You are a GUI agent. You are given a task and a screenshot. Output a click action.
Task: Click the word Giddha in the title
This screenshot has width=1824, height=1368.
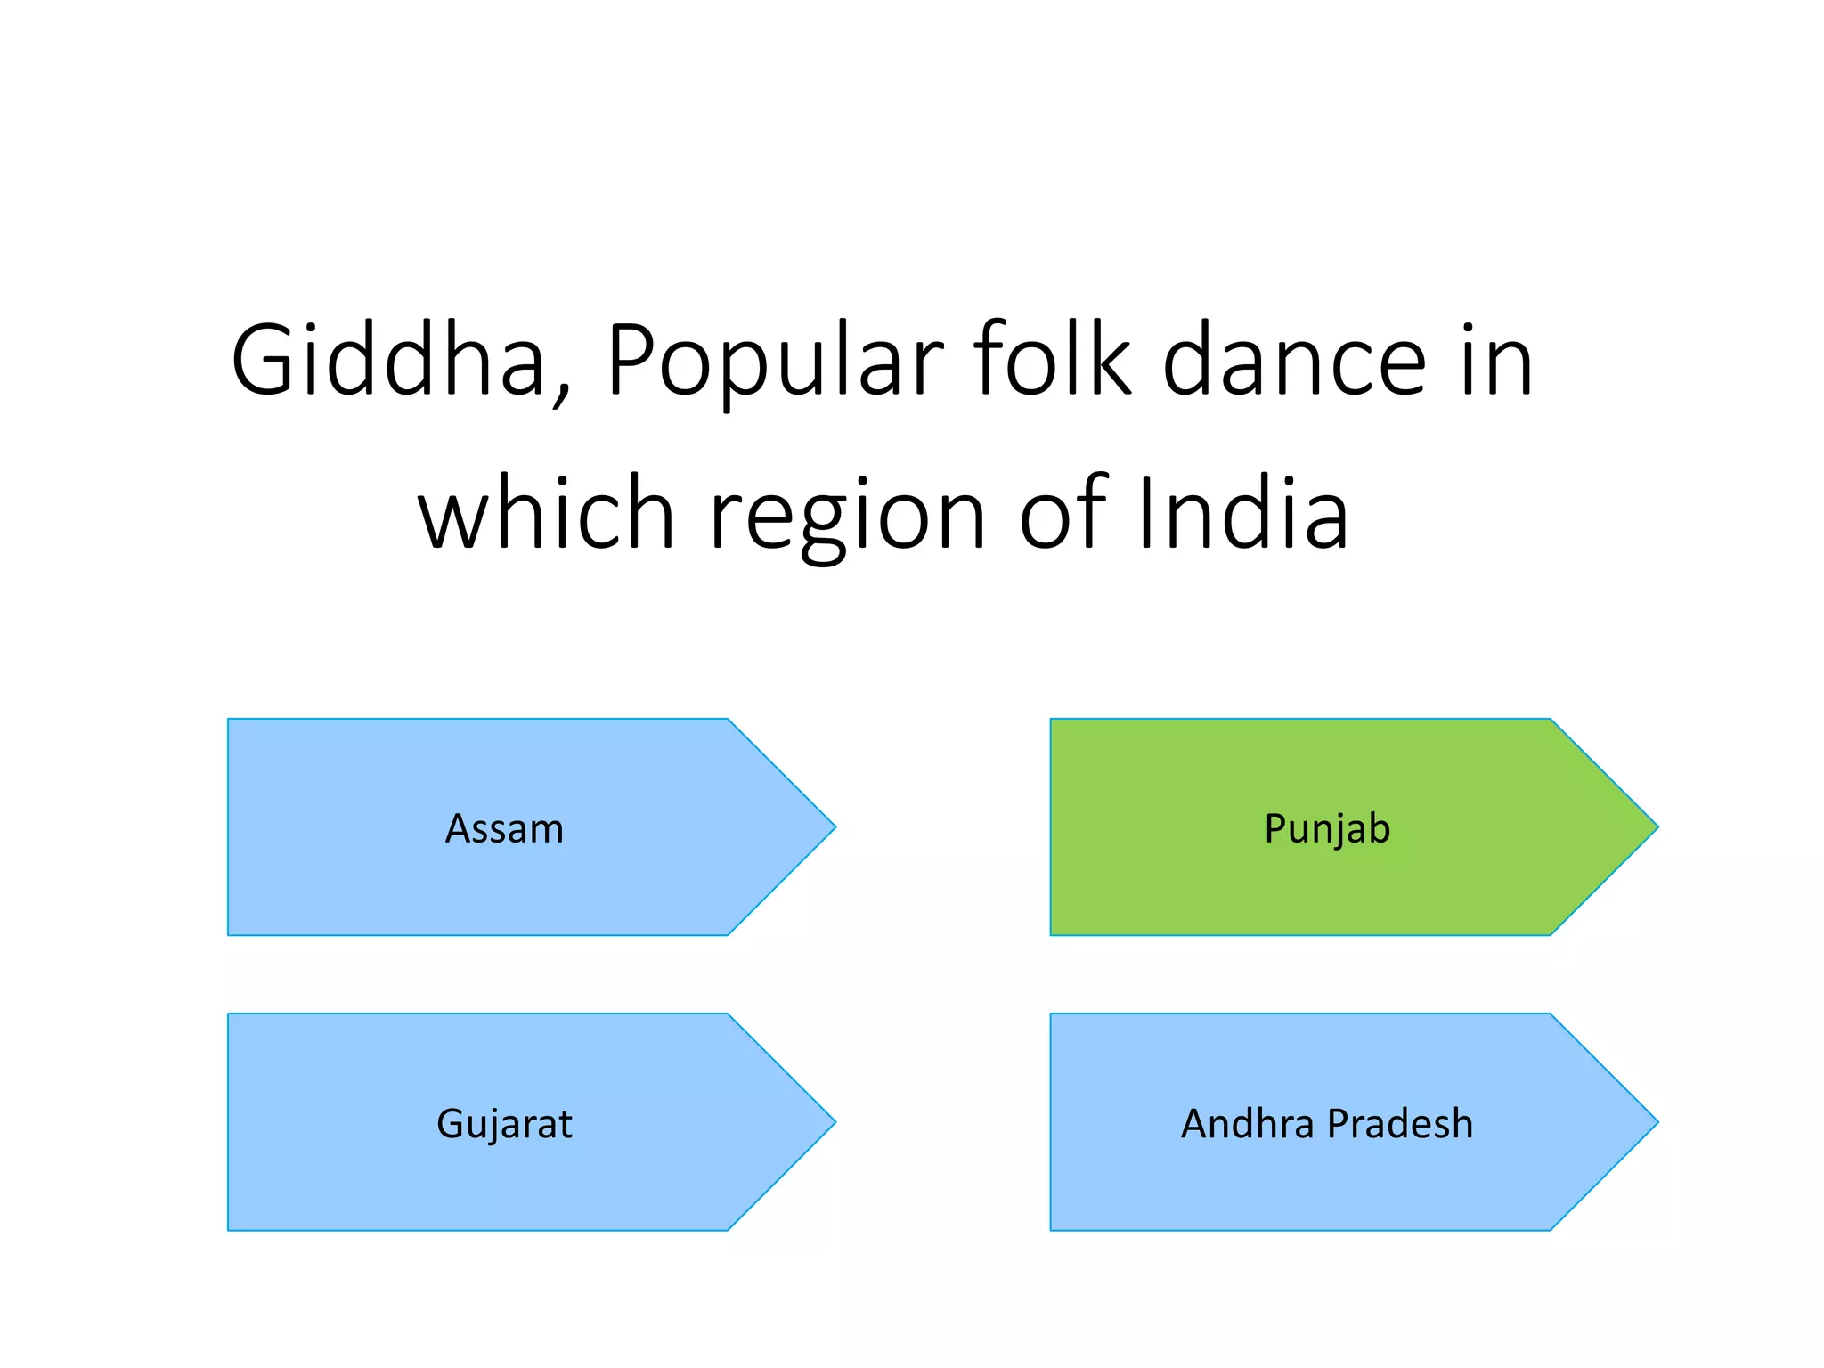click(x=387, y=361)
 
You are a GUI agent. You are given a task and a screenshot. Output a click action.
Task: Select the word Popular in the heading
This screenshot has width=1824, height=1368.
click(x=773, y=361)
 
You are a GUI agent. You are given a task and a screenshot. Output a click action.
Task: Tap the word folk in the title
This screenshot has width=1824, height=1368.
click(x=1052, y=361)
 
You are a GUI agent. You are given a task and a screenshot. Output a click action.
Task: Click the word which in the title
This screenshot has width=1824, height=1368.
click(x=546, y=514)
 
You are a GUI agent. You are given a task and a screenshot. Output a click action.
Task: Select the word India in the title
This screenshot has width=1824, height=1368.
click(x=1243, y=514)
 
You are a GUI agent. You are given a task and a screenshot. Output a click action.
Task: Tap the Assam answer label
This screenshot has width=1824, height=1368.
click(x=504, y=829)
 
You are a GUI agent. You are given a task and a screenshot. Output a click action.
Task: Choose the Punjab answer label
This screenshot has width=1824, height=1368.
click(x=1327, y=829)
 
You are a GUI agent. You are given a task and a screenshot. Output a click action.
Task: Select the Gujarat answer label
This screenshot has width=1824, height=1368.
click(x=504, y=1124)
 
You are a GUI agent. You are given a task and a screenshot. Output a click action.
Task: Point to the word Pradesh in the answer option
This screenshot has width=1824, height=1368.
click(x=1400, y=1124)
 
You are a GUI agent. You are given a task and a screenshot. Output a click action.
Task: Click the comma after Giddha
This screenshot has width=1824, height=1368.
click(x=561, y=392)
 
